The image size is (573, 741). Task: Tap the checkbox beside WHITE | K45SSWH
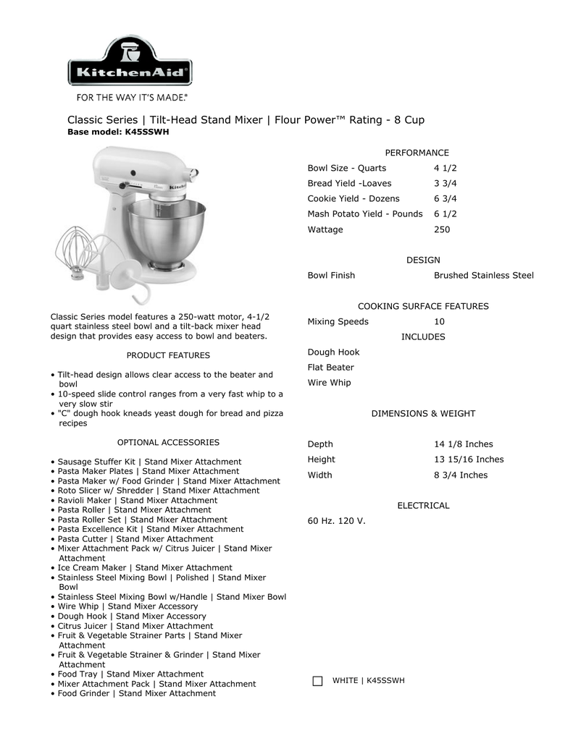tap(317, 681)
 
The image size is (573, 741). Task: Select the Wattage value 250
tap(442, 229)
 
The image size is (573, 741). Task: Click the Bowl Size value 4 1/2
tap(446, 168)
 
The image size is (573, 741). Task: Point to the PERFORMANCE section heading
tap(417, 153)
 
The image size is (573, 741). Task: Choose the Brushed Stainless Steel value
tap(483, 276)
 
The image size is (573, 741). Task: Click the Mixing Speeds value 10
tap(439, 321)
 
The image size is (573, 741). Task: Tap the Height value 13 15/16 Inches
tap(469, 460)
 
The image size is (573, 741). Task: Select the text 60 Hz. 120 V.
tap(337, 521)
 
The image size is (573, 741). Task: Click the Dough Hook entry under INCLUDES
tap(333, 352)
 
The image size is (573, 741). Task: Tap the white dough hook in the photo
tap(134, 279)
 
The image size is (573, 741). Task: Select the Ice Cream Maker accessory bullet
tap(145, 568)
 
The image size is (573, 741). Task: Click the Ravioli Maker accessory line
tap(137, 500)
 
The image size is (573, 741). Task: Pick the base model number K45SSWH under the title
tap(147, 132)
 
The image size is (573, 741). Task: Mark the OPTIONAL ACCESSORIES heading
tap(168, 442)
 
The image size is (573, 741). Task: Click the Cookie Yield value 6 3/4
tap(446, 198)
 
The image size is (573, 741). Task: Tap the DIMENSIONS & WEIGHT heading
tap(423, 414)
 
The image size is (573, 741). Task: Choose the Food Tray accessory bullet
tap(130, 674)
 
